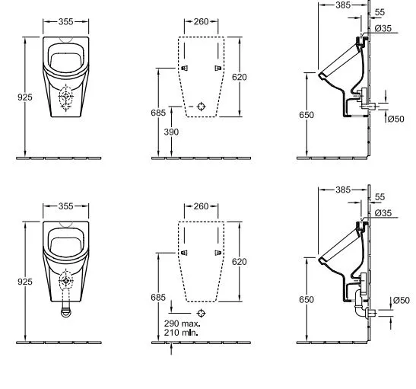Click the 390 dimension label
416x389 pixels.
(171, 132)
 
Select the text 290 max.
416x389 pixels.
(183, 324)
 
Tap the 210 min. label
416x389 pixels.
(181, 333)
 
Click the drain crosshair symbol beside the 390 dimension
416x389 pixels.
(201, 107)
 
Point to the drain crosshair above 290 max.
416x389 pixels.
(201, 314)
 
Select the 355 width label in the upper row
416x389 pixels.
(66, 21)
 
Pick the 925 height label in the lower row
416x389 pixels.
(25, 282)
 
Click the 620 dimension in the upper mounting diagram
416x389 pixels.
(240, 77)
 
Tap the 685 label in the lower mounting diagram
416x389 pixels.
(158, 298)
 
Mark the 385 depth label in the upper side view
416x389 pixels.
(343, 5)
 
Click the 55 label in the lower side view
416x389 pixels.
(380, 197)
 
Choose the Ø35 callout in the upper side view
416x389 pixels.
(383, 28)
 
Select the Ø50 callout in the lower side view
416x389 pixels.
(402, 300)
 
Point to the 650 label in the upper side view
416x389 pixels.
(306, 115)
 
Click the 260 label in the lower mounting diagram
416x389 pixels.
(201, 206)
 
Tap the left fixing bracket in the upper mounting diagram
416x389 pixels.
(185, 69)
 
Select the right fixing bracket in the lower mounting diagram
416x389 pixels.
(218, 253)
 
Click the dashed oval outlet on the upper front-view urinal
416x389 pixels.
(65, 97)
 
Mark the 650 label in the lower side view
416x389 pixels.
(306, 299)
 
